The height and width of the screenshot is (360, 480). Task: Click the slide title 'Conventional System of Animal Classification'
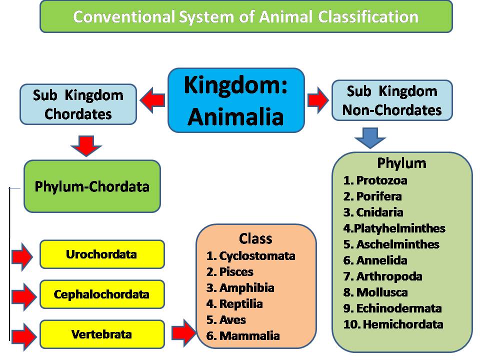(245, 16)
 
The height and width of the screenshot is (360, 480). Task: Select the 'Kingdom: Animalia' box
(235, 100)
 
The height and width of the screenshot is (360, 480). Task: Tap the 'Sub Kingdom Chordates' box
(78, 104)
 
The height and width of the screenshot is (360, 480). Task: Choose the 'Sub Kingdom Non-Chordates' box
(392, 100)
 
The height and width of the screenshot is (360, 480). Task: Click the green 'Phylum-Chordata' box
(92, 186)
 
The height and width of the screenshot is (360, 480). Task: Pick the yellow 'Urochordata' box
(101, 254)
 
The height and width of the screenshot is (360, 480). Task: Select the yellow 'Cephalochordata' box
(101, 294)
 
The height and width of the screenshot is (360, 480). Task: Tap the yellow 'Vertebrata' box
(101, 334)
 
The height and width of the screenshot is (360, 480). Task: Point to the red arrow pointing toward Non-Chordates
(317, 100)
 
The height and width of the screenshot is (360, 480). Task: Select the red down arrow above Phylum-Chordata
(86, 145)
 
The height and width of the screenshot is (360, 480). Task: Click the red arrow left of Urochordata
(22, 256)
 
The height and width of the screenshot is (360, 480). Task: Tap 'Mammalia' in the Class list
(249, 336)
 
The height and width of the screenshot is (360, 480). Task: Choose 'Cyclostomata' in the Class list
(257, 256)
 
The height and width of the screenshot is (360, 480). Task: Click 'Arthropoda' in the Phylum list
(389, 276)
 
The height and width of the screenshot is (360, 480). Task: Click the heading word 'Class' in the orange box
(255, 238)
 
